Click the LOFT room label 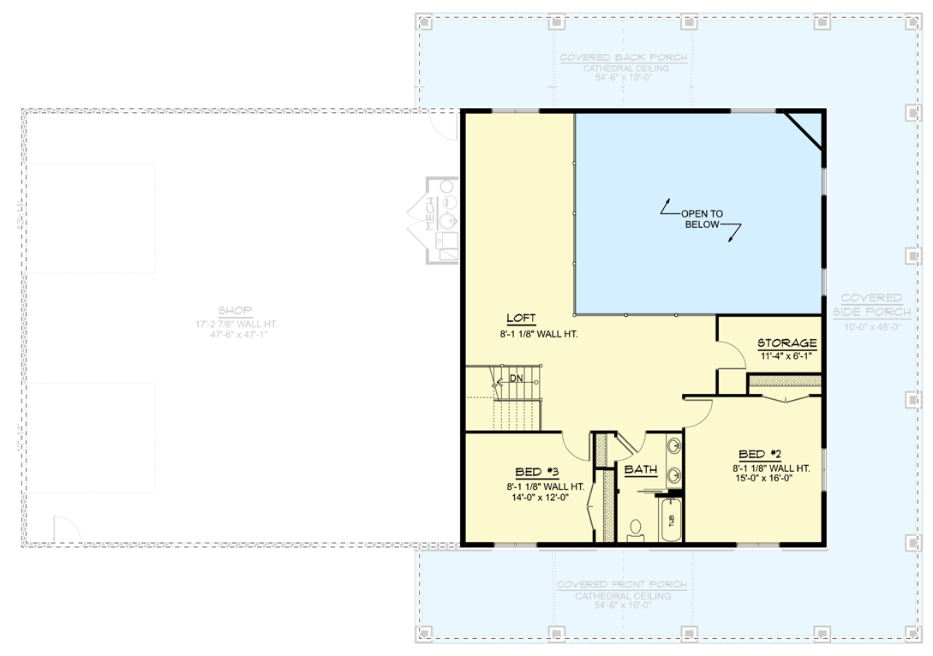click(520, 319)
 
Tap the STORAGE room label click(786, 343)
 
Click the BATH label click(640, 470)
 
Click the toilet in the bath click(636, 528)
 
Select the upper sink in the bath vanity click(673, 446)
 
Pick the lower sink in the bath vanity click(673, 473)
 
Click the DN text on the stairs click(516, 378)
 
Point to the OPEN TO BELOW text click(702, 218)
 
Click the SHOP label click(235, 311)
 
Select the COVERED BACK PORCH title click(623, 57)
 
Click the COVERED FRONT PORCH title click(621, 585)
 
